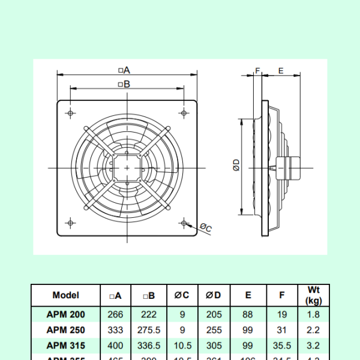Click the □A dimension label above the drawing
[x=124, y=70]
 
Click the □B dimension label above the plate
[x=124, y=85]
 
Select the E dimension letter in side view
[x=281, y=70]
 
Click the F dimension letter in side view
[x=257, y=70]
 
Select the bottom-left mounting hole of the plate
[x=71, y=223]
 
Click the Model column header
[x=66, y=295]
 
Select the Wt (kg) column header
[x=313, y=295]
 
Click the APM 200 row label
[x=66, y=314]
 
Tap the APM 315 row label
[x=66, y=346]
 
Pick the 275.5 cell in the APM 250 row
[x=149, y=330]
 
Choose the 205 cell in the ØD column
[x=214, y=314]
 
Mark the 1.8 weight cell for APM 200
[x=313, y=314]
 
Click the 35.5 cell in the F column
[x=281, y=346]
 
